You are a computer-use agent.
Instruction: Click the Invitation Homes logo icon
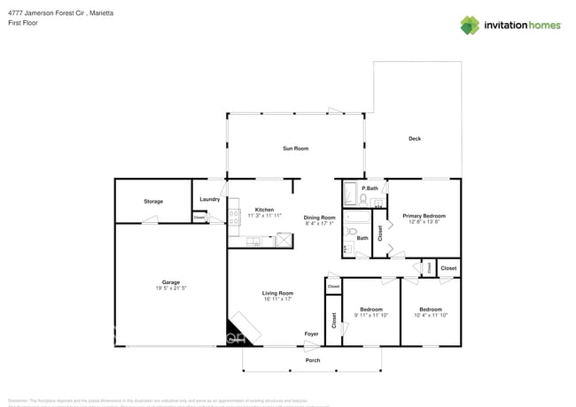pos(470,25)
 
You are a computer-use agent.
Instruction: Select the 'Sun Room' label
pos(295,148)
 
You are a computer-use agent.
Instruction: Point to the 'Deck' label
pos(415,139)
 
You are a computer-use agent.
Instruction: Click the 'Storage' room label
pos(153,202)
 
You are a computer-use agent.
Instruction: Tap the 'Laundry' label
pos(209,199)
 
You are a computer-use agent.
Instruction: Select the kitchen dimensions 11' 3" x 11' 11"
pos(264,216)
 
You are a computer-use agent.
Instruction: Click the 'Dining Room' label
pos(319,218)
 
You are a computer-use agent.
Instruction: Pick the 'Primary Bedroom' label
pos(424,216)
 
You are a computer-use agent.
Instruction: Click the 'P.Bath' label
pos(370,188)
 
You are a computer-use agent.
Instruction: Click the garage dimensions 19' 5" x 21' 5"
pos(171,288)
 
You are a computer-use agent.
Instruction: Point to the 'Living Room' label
pos(277,293)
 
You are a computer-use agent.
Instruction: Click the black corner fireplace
pos(241,331)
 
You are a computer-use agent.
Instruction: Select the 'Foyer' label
pos(311,334)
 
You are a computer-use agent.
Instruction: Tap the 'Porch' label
pos(313,360)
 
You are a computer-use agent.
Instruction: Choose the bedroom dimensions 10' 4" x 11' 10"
pos(431,315)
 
